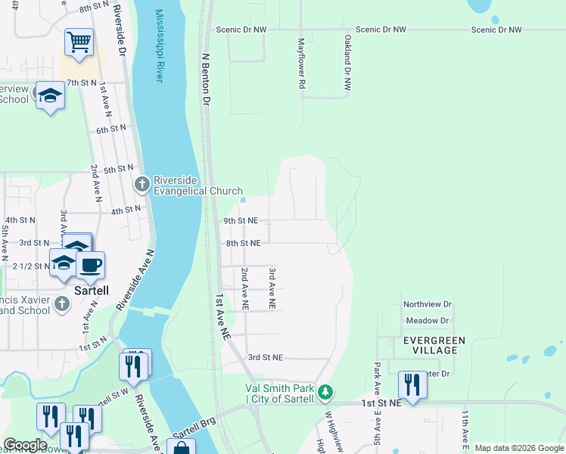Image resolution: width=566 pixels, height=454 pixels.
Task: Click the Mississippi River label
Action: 160,46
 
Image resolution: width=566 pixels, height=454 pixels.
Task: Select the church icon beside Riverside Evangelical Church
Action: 141,184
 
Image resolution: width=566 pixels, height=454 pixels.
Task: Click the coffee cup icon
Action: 90,266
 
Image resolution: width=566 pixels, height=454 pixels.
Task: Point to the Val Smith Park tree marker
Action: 325,392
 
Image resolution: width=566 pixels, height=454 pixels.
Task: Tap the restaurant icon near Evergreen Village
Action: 412,384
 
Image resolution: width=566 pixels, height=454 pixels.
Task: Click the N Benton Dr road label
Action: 205,79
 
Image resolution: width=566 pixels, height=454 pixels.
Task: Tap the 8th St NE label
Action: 243,244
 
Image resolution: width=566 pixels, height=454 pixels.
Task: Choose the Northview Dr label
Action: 428,304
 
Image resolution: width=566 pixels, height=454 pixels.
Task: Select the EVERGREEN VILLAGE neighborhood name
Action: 430,345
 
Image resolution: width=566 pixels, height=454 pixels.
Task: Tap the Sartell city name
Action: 91,291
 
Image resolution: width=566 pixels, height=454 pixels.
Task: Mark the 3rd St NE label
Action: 265,357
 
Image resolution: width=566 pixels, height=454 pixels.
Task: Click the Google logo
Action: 26,445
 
